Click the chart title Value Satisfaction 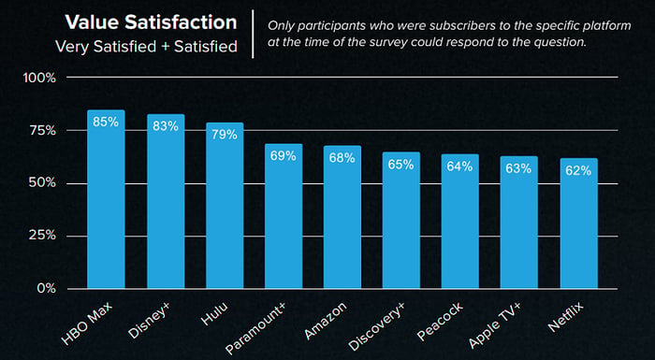pos(151,22)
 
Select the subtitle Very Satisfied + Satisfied pos(146,47)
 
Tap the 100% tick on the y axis pos(40,78)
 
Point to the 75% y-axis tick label pos(41,131)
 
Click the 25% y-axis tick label pos(41,236)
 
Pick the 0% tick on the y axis pos(46,289)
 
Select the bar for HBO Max pos(106,199)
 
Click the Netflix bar pos(578,223)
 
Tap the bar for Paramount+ pos(284,216)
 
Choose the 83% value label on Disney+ pos(166,126)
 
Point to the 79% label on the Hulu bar pos(225,135)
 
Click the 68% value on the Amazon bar pos(342,158)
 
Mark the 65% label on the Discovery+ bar pos(401,165)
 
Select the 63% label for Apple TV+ pos(518,168)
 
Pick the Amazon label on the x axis pos(326,321)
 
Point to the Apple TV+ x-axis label pos(495,325)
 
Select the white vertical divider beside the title pos(254,34)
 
